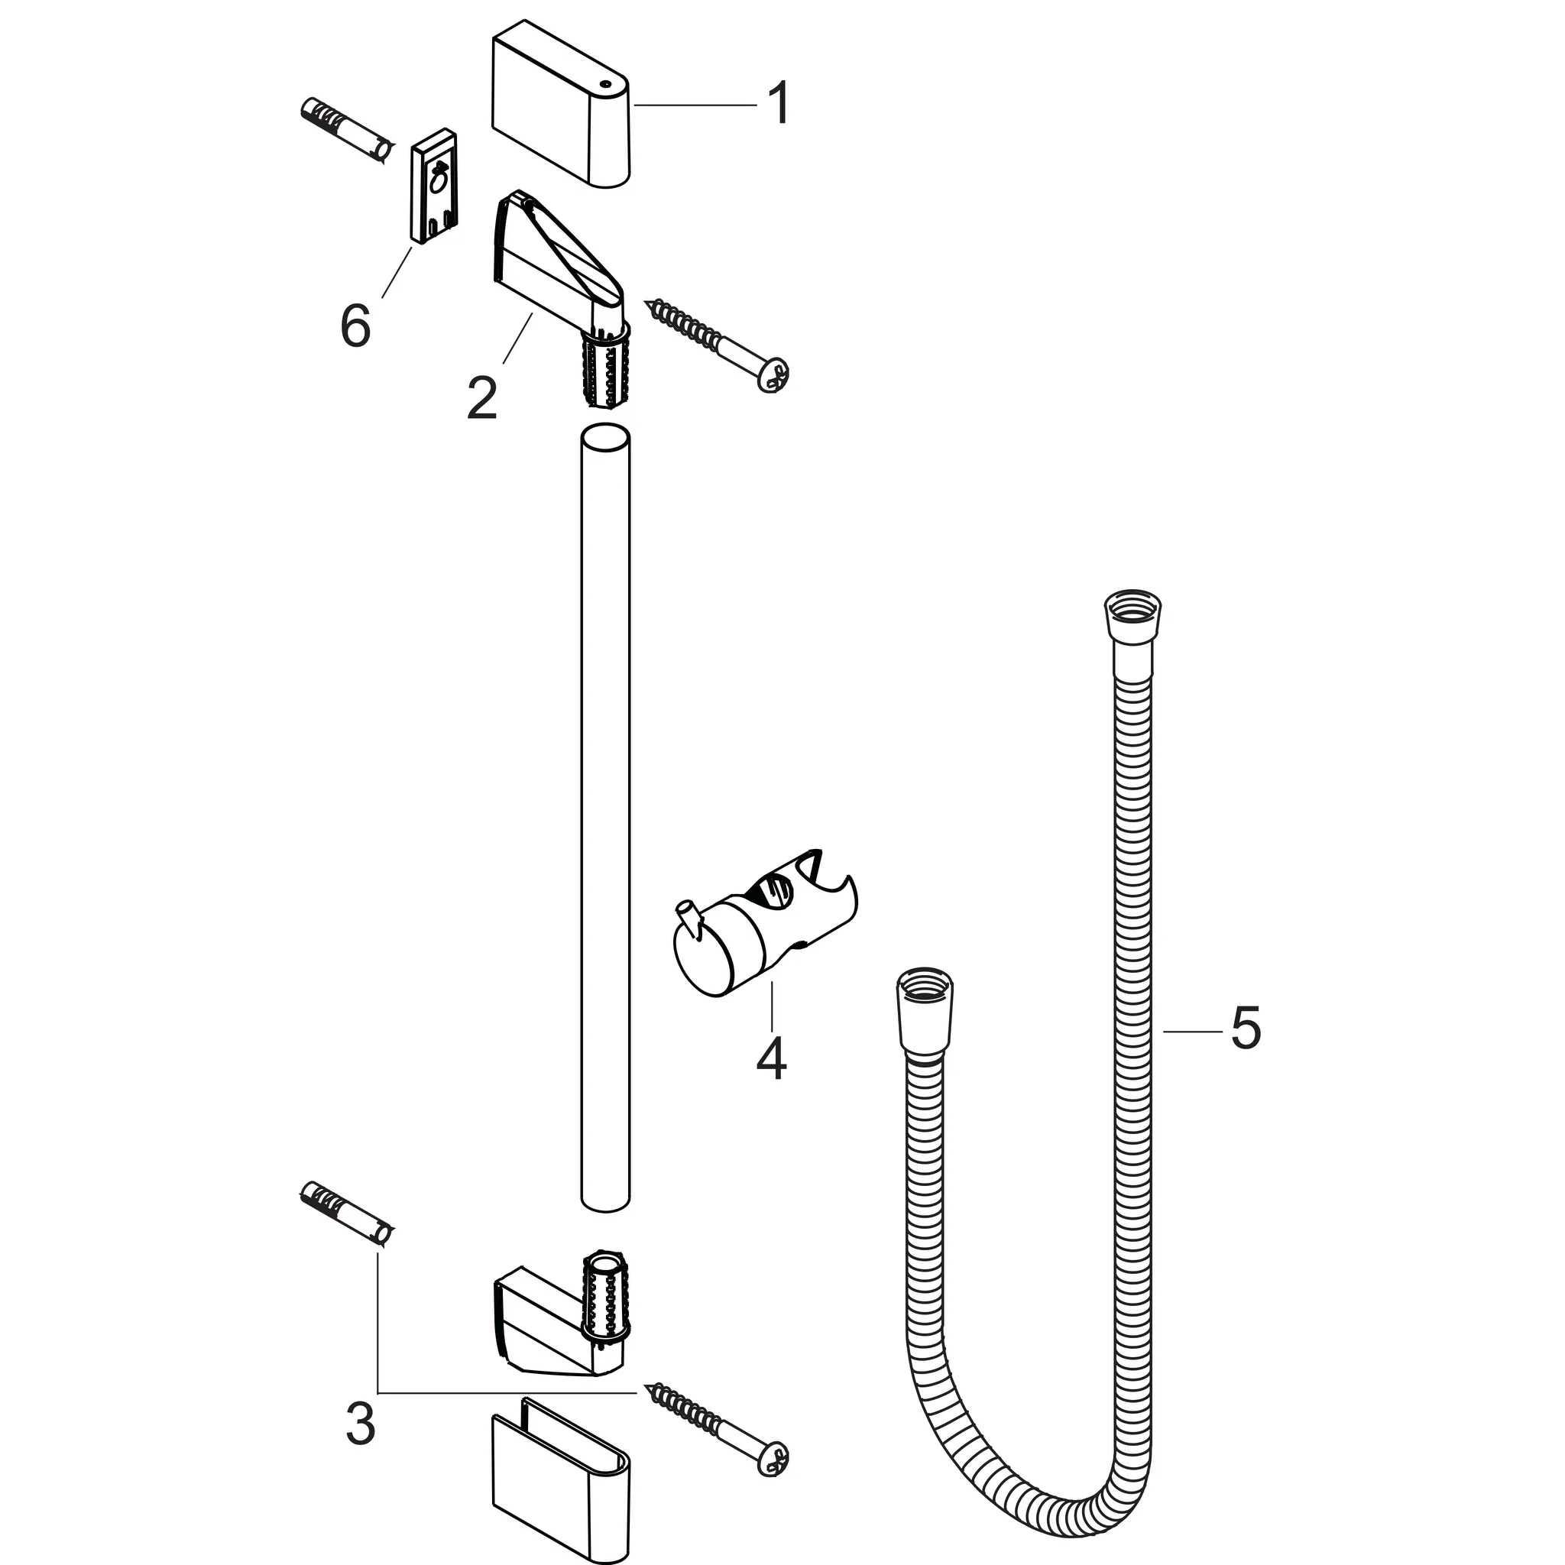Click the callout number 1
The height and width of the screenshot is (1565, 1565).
pyautogui.click(x=779, y=105)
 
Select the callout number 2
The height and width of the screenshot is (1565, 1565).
pyautogui.click(x=482, y=396)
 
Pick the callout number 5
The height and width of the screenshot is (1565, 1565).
pyautogui.click(x=1245, y=1028)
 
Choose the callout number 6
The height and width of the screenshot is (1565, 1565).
pyautogui.click(x=355, y=326)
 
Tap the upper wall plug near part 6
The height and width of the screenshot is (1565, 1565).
pyautogui.click(x=348, y=131)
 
